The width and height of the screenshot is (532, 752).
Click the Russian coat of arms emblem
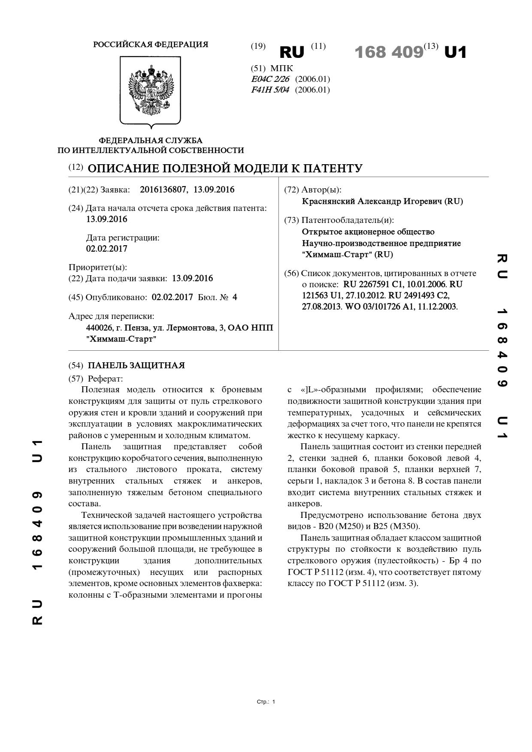pos(150,90)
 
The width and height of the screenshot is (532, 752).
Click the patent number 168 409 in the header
pos(389,52)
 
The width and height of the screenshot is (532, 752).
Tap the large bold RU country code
pos(292,52)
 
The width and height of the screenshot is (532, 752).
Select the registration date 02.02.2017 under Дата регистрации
pos(106,249)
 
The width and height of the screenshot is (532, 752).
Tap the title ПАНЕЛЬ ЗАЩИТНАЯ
pos(136,365)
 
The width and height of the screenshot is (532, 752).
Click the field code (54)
pos(76,366)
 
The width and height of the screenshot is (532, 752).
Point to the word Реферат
pos(105,379)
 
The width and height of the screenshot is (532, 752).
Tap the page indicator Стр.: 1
pos(266,702)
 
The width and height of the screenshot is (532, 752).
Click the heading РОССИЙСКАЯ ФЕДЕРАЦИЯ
pos(151,45)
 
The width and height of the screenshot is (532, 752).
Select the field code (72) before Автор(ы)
pos(292,190)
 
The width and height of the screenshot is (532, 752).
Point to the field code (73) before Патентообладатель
pos(292,220)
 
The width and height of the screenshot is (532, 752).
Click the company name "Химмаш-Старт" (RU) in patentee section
pos(347,254)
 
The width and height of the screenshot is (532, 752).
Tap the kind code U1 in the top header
pos(455,52)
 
